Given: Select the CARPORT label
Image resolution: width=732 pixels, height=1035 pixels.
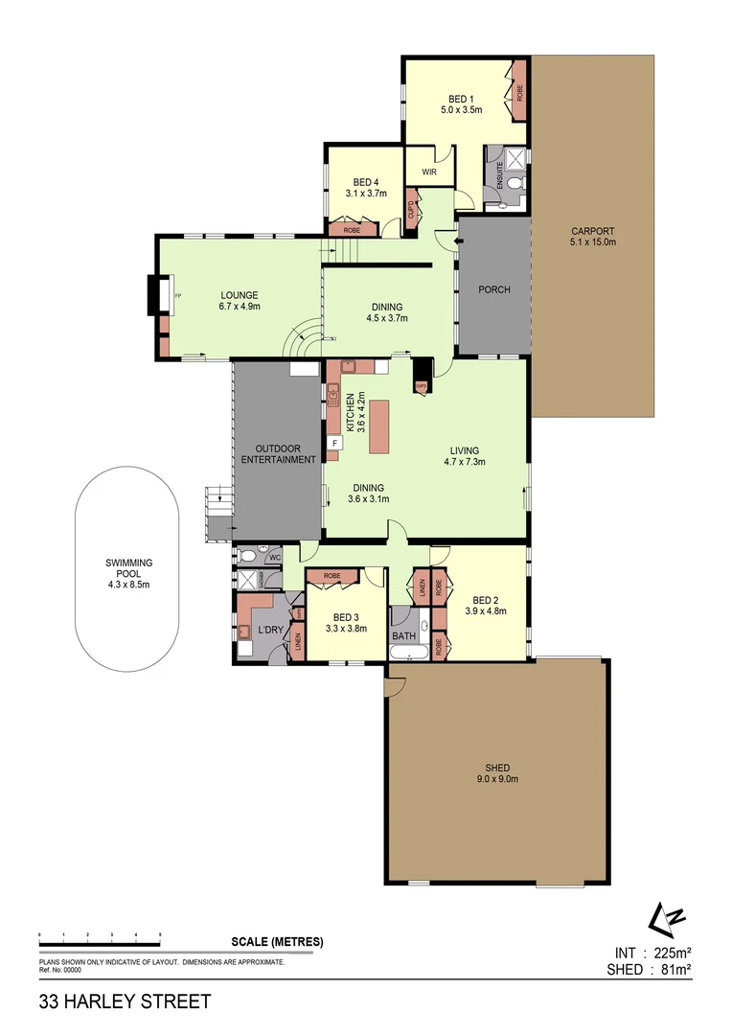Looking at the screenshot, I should [x=592, y=236].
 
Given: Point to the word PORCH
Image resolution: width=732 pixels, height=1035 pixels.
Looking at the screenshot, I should [x=493, y=289].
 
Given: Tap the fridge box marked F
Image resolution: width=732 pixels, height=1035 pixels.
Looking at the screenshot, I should [x=335, y=443].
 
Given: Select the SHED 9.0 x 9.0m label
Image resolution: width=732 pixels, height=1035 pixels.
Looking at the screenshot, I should [x=496, y=773].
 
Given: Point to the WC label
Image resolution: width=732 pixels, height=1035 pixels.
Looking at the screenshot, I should [x=274, y=556].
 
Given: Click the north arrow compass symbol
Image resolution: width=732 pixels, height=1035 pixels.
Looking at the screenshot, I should [x=666, y=917].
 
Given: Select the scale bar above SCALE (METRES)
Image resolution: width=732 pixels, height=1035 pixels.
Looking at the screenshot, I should [x=100, y=932].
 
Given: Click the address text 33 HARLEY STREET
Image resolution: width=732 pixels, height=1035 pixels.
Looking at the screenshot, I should [x=125, y=1002].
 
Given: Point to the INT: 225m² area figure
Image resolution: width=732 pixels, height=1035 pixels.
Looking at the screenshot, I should [x=652, y=953].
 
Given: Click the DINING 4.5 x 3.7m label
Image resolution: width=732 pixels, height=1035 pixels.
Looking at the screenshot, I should [x=387, y=312].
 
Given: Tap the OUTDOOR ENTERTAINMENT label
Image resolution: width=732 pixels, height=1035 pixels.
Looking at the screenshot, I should [x=278, y=453].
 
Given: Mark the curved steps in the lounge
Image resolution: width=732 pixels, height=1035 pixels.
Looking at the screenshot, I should [x=305, y=335].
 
